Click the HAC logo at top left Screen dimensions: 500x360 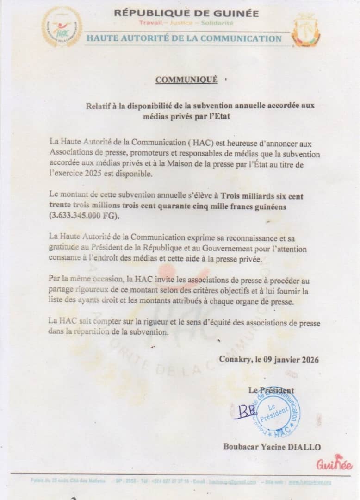(62, 26)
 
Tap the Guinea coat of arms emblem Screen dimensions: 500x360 (305, 31)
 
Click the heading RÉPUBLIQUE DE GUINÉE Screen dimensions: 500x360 (186, 13)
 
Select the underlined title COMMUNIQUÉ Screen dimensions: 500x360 (186, 80)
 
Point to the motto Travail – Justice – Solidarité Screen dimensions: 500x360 (186, 22)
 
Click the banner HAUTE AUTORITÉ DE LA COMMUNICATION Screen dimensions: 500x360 (184, 38)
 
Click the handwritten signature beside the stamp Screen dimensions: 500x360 (245, 411)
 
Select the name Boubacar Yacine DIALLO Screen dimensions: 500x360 (272, 447)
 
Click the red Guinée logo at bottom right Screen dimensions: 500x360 (334, 463)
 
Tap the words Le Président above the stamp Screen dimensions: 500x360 (271, 390)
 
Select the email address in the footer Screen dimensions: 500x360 (232, 482)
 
